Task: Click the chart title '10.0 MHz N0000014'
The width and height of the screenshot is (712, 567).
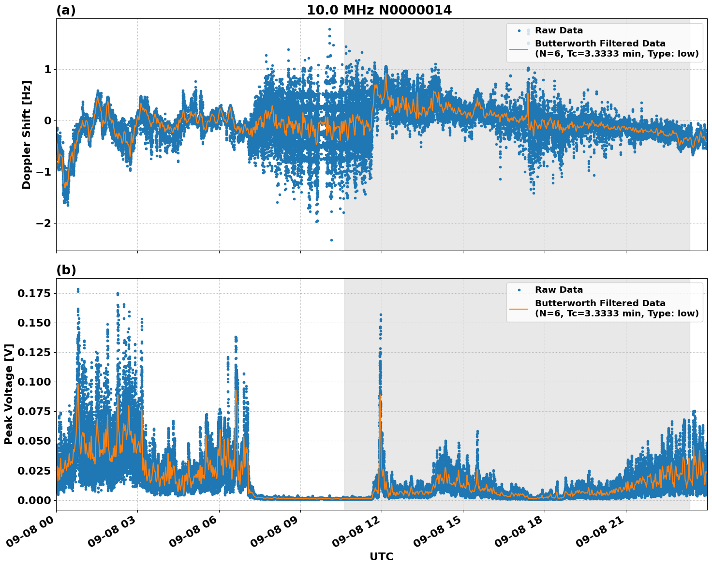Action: (379, 10)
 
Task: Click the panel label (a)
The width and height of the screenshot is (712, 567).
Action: (66, 10)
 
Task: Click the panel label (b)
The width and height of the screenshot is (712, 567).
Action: (66, 270)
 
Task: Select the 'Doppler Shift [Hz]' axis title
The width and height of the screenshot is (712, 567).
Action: (27, 135)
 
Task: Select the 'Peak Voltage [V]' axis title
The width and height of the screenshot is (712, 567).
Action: (9, 394)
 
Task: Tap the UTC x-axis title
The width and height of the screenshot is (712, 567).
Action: (381, 556)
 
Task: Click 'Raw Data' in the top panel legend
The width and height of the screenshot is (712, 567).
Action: (559, 31)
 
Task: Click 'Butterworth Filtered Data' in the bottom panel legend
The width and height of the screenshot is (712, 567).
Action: (600, 303)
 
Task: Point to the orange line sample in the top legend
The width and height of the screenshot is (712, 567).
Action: (519, 48)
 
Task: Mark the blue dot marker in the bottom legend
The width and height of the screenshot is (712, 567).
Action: (519, 290)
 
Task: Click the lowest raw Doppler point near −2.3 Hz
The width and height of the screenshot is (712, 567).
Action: (331, 240)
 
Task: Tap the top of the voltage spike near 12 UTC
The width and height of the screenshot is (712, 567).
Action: (381, 315)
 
